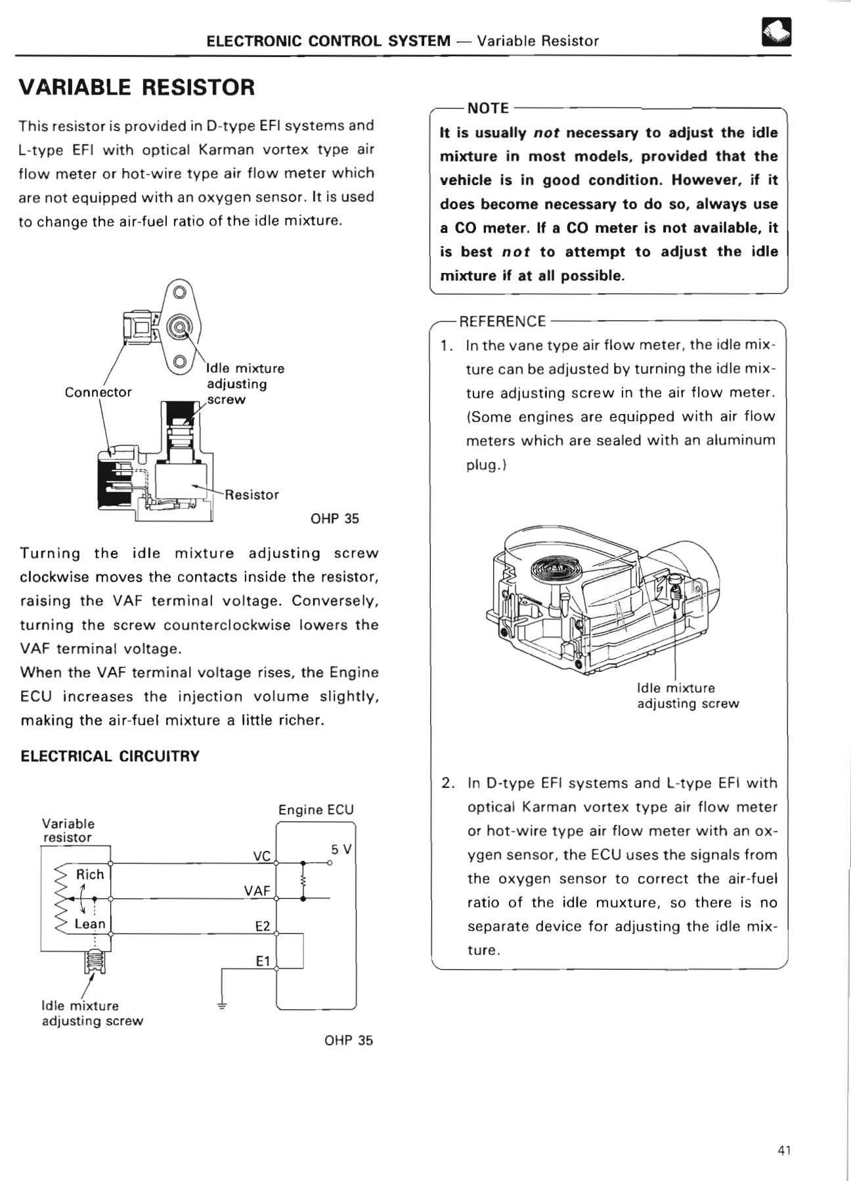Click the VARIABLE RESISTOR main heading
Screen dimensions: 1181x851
(137, 87)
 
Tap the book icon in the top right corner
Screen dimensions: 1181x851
(775, 31)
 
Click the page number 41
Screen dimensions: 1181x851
(784, 1150)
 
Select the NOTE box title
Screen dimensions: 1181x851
(487, 108)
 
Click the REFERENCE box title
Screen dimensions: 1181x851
(502, 321)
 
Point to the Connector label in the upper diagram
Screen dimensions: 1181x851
(98, 392)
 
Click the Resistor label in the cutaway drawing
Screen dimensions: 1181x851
(251, 495)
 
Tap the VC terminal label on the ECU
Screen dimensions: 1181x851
(261, 856)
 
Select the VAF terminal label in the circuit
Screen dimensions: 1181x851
(257, 890)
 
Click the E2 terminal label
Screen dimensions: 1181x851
(262, 926)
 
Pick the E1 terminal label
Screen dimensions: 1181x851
(263, 961)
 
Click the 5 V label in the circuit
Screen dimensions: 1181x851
(341, 849)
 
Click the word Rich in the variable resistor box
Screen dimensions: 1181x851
(90, 874)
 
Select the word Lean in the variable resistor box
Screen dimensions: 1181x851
(90, 924)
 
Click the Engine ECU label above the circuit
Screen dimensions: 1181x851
(316, 810)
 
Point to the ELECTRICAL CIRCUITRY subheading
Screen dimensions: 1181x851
(110, 756)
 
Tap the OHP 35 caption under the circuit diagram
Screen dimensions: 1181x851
(348, 1040)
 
